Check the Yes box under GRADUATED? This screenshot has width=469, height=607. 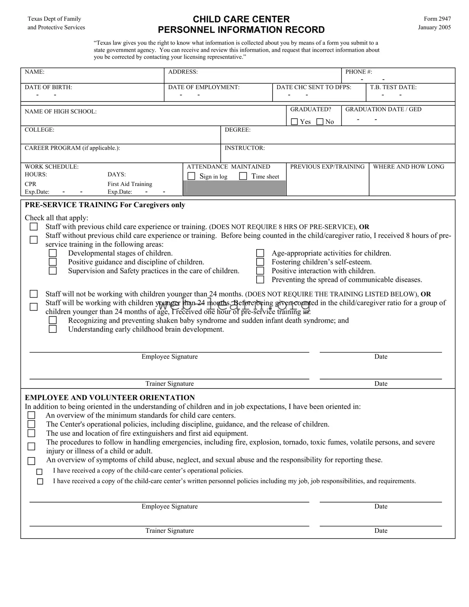tap(294, 122)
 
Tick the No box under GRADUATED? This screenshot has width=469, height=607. tap(320, 122)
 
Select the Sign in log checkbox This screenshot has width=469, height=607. tap(192, 176)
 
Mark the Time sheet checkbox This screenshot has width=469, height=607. tap(243, 176)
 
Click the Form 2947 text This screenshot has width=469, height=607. tap(437, 19)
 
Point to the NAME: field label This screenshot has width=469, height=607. tap(34, 72)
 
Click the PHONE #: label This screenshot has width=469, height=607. tap(358, 72)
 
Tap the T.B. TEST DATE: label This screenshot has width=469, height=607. tap(393, 87)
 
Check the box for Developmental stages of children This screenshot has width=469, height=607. tap(53, 253)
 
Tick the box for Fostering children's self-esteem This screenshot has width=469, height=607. tap(260, 262)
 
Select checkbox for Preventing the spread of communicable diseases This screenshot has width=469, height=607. tap(260, 280)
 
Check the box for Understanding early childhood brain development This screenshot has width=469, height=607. tap(53, 329)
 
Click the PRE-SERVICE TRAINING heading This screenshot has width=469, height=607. tap(105, 205)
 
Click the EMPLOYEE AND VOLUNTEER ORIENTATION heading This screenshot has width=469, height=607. tap(110, 398)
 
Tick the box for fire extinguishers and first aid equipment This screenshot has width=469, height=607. tap(31, 433)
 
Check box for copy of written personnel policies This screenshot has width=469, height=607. tap(40, 482)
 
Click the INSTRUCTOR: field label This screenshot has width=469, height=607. tap(245, 148)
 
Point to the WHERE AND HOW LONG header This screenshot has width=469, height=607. tap(408, 167)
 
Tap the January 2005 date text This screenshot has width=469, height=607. tap(434, 27)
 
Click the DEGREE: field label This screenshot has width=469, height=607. tap(237, 130)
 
